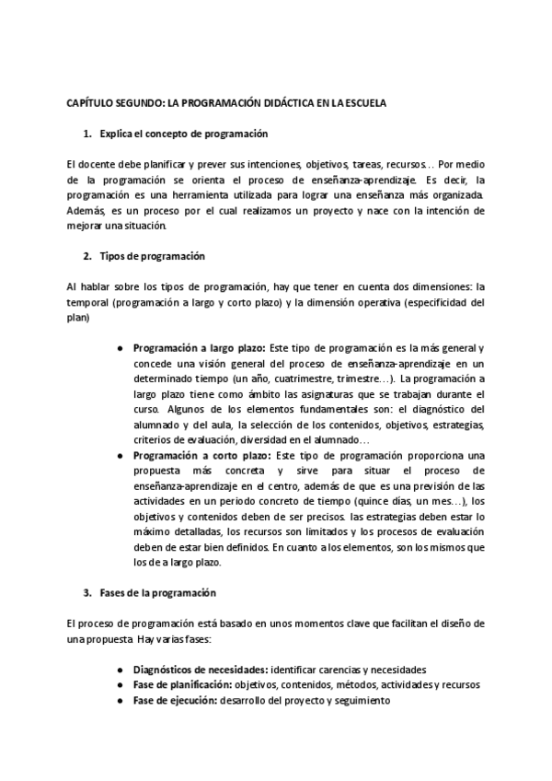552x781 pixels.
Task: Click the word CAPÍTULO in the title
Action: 90,103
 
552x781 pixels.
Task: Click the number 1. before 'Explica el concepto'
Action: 87,134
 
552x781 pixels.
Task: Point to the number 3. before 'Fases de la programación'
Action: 87,591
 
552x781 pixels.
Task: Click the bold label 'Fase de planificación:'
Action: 182,685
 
